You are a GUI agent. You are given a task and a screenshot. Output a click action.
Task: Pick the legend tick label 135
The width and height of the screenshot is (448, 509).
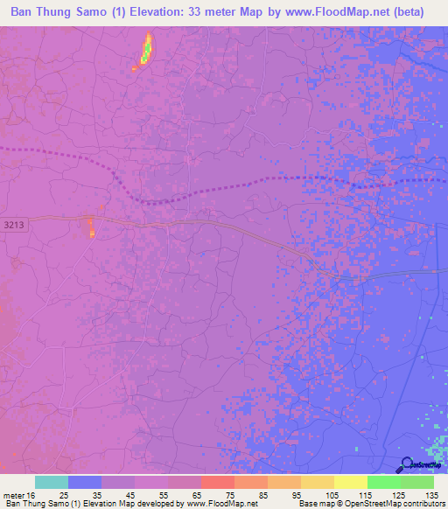(430, 495)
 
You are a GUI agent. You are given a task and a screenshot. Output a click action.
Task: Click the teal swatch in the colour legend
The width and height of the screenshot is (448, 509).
(52, 482)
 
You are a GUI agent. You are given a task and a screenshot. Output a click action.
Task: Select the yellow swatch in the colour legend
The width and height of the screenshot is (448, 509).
(350, 482)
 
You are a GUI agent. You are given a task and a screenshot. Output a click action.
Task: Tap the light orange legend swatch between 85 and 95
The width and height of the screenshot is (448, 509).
(283, 482)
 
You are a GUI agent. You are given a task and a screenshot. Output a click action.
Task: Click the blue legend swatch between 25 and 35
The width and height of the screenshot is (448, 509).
(85, 482)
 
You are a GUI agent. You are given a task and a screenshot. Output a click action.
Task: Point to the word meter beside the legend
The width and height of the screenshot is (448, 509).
(13, 495)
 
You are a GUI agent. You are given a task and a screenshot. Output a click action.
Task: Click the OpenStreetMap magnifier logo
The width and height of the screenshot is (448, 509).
(407, 464)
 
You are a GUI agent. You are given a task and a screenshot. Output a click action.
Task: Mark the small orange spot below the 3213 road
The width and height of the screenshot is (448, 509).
(90, 229)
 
